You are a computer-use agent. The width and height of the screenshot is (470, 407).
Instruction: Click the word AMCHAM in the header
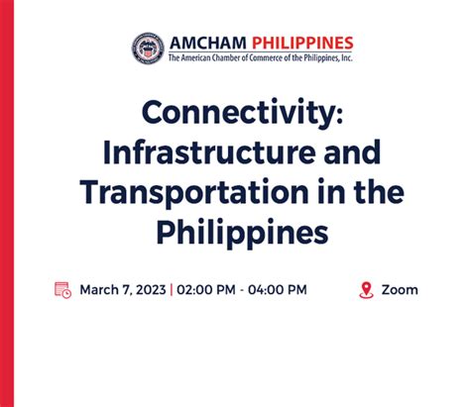[208, 44]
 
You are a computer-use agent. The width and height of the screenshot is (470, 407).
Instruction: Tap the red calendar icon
[62, 290]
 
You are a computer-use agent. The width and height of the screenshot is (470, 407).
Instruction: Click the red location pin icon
[366, 290]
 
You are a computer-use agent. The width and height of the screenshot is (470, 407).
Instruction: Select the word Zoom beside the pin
[400, 290]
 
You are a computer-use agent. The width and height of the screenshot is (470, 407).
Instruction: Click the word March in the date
[99, 290]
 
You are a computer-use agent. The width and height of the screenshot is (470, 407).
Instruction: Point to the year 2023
[150, 290]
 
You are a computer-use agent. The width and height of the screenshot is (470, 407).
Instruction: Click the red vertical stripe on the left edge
[6, 203]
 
